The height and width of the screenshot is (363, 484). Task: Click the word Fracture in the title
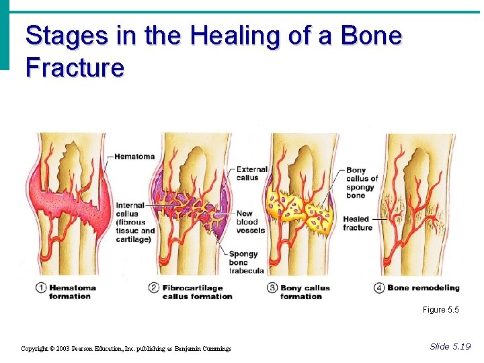75,67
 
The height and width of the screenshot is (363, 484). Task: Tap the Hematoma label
134,157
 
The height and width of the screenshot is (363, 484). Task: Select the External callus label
252,173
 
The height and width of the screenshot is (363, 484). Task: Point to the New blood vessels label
251,222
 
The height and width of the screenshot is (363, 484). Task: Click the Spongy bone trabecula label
246,262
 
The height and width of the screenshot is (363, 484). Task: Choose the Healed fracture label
358,223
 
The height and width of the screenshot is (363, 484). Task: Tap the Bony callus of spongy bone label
362,183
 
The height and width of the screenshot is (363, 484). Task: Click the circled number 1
42,288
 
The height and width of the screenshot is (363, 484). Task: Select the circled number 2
154,288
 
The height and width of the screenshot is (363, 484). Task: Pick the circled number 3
272,288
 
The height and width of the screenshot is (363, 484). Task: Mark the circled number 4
379,288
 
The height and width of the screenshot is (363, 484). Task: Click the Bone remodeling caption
424,288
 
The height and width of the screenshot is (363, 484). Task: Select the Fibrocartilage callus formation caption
197,292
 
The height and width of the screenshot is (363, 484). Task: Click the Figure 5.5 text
440,310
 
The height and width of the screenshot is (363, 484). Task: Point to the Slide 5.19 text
450,346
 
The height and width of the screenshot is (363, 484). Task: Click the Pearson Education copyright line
126,348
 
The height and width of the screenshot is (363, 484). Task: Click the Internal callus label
135,222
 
